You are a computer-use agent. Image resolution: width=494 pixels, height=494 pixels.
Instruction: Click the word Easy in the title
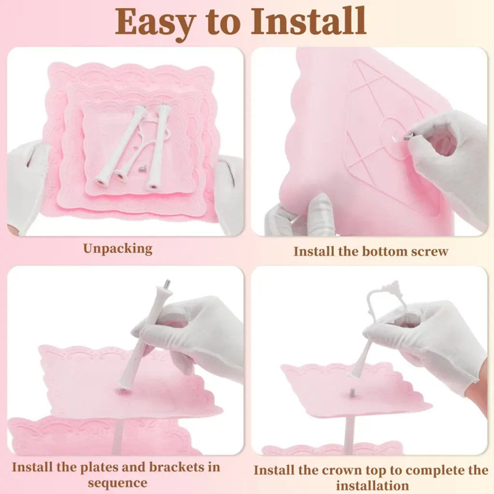[x=154, y=23]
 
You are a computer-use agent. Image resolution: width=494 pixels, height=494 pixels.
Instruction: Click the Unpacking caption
[x=118, y=249]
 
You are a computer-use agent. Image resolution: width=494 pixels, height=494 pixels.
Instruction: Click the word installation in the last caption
[x=372, y=485]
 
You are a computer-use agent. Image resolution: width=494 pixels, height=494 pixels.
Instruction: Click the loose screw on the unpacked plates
[x=141, y=169]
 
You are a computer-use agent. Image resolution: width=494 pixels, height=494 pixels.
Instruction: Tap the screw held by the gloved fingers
[x=408, y=136]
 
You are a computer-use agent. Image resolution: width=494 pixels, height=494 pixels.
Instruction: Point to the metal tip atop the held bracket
[x=167, y=283]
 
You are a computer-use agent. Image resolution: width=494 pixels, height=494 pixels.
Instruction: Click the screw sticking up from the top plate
[x=351, y=392]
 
